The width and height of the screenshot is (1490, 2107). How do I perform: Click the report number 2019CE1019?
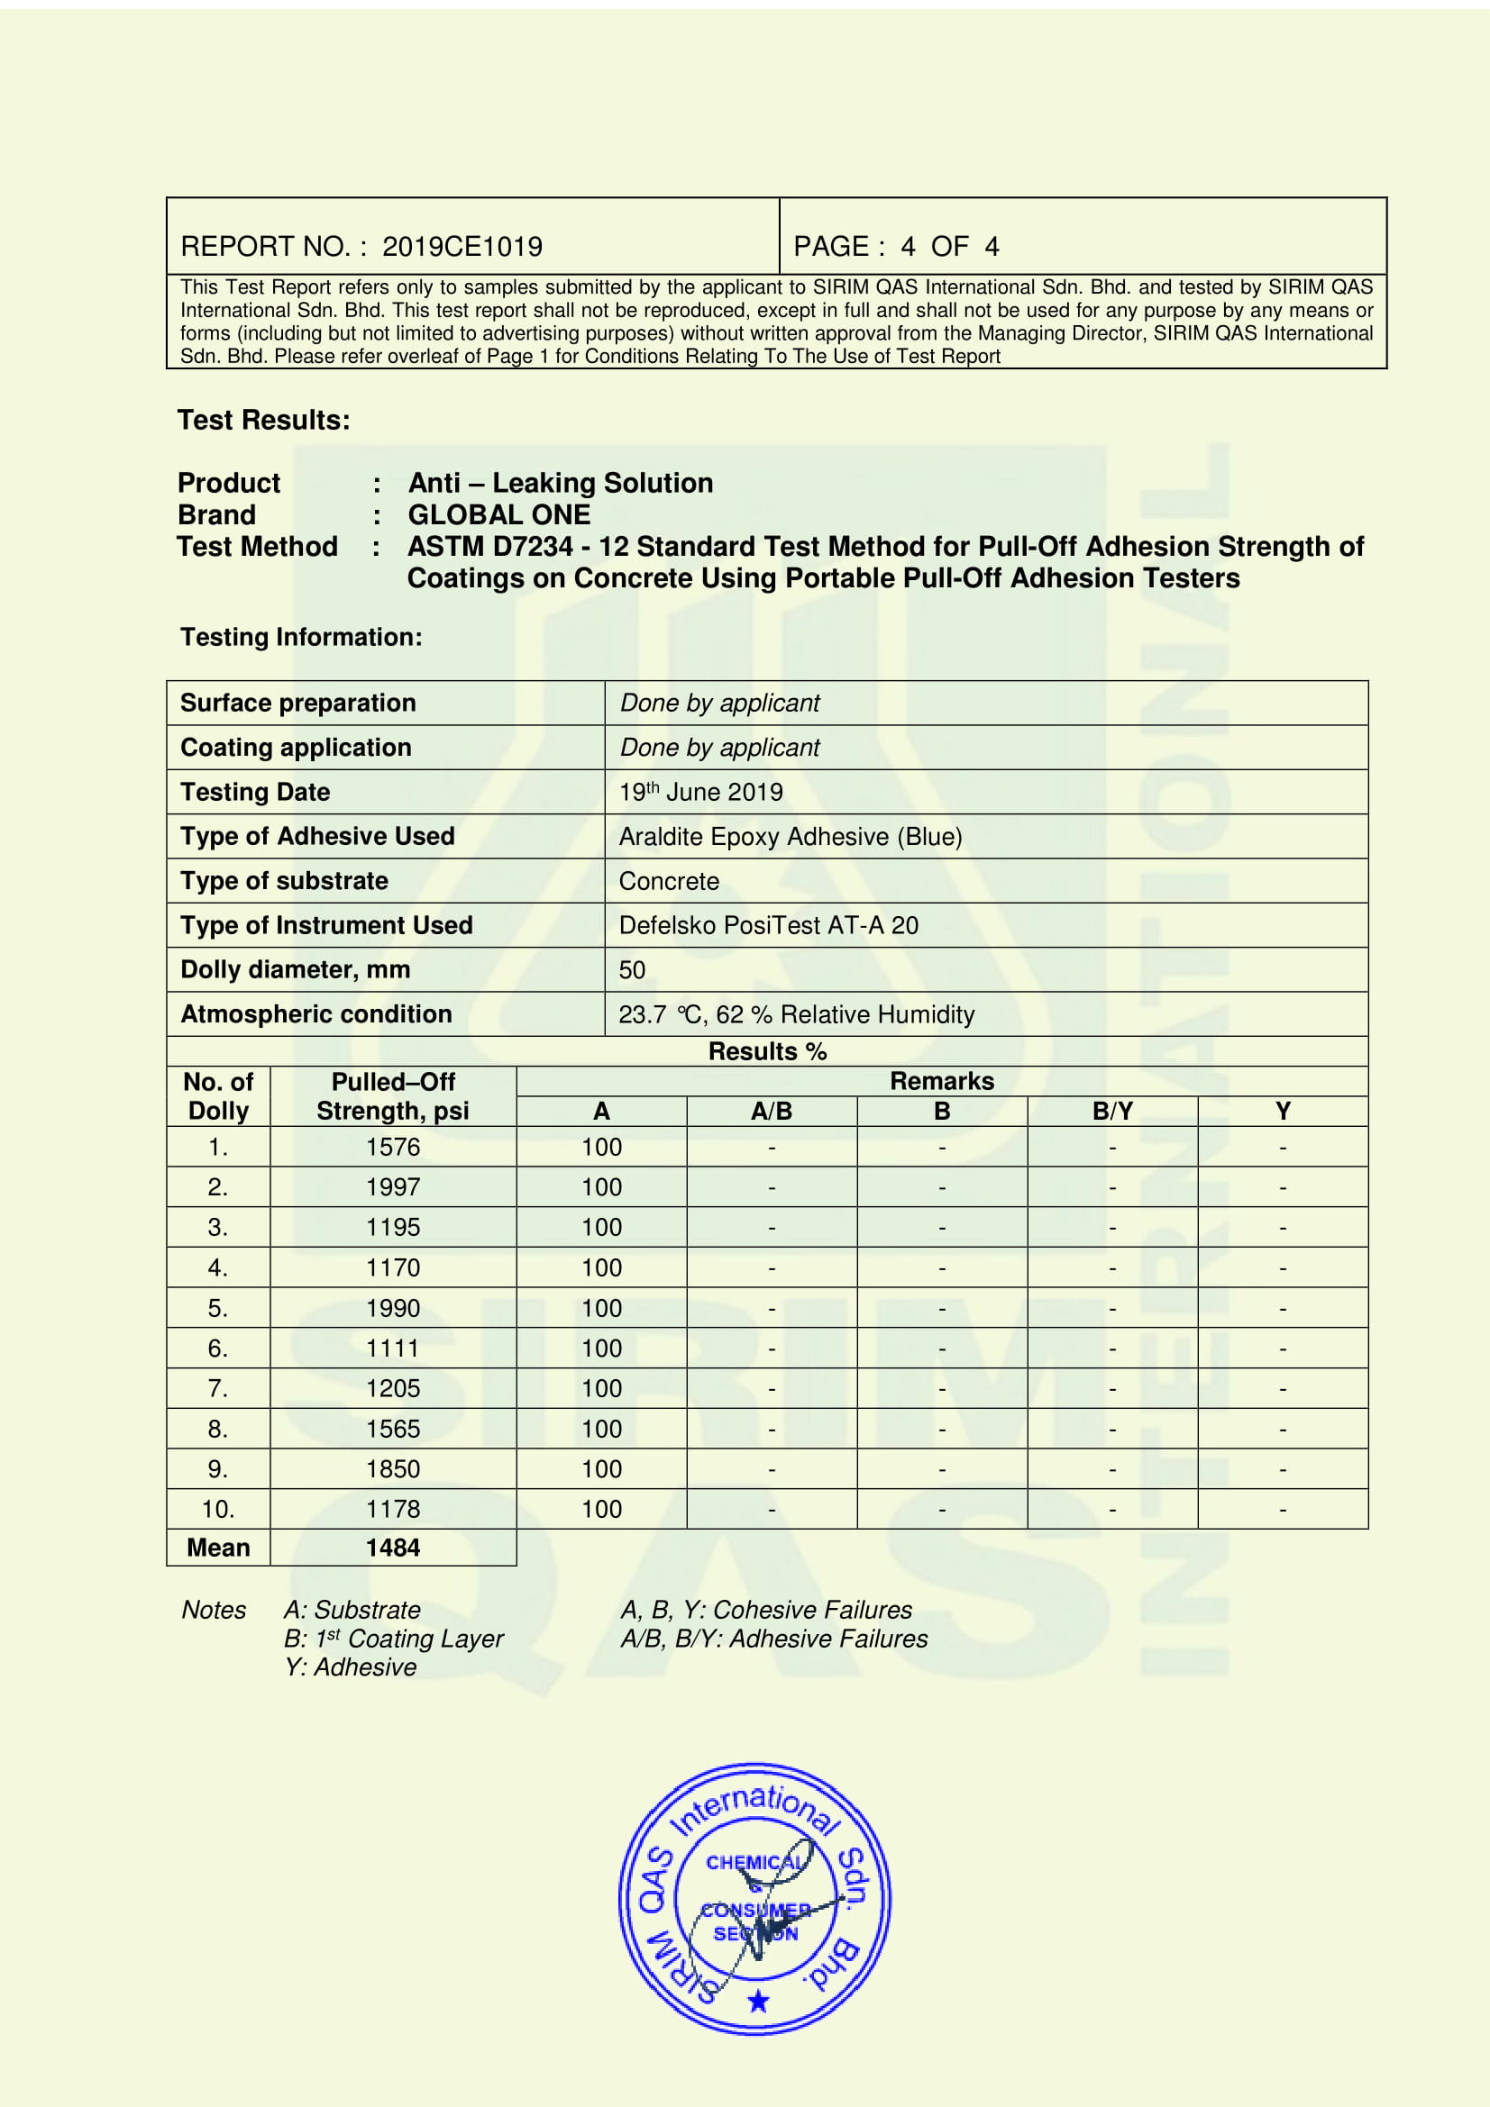coord(462,246)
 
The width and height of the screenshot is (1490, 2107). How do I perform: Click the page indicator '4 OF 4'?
coord(949,246)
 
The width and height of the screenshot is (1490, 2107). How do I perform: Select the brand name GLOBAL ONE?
coord(498,515)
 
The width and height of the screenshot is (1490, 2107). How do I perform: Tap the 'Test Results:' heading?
coord(263,421)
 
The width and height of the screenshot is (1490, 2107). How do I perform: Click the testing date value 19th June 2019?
coord(700,792)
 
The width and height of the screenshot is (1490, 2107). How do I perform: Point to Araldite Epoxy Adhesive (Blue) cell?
coord(791,837)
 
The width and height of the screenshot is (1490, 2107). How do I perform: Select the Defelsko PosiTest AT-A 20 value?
coord(768,925)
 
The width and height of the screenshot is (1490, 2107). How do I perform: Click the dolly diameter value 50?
coord(632,970)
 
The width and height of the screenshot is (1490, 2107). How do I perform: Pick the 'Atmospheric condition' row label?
coord(315,1014)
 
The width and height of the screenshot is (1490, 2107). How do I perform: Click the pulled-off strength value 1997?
coord(393,1187)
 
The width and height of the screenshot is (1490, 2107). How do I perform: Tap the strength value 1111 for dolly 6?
coord(393,1349)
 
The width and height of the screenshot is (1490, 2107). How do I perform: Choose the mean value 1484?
coord(393,1548)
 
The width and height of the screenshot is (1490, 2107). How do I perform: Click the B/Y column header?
coord(1111,1112)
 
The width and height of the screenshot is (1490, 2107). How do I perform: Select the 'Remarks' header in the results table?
coord(942,1081)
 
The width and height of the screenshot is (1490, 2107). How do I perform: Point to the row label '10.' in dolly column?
coord(218,1509)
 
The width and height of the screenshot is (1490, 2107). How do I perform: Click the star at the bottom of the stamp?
coord(758,2001)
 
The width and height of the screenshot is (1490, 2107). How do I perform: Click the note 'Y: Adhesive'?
coord(350,1667)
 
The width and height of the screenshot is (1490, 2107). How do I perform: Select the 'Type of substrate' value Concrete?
coord(668,881)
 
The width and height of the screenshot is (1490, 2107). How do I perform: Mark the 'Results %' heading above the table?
coord(767,1051)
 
